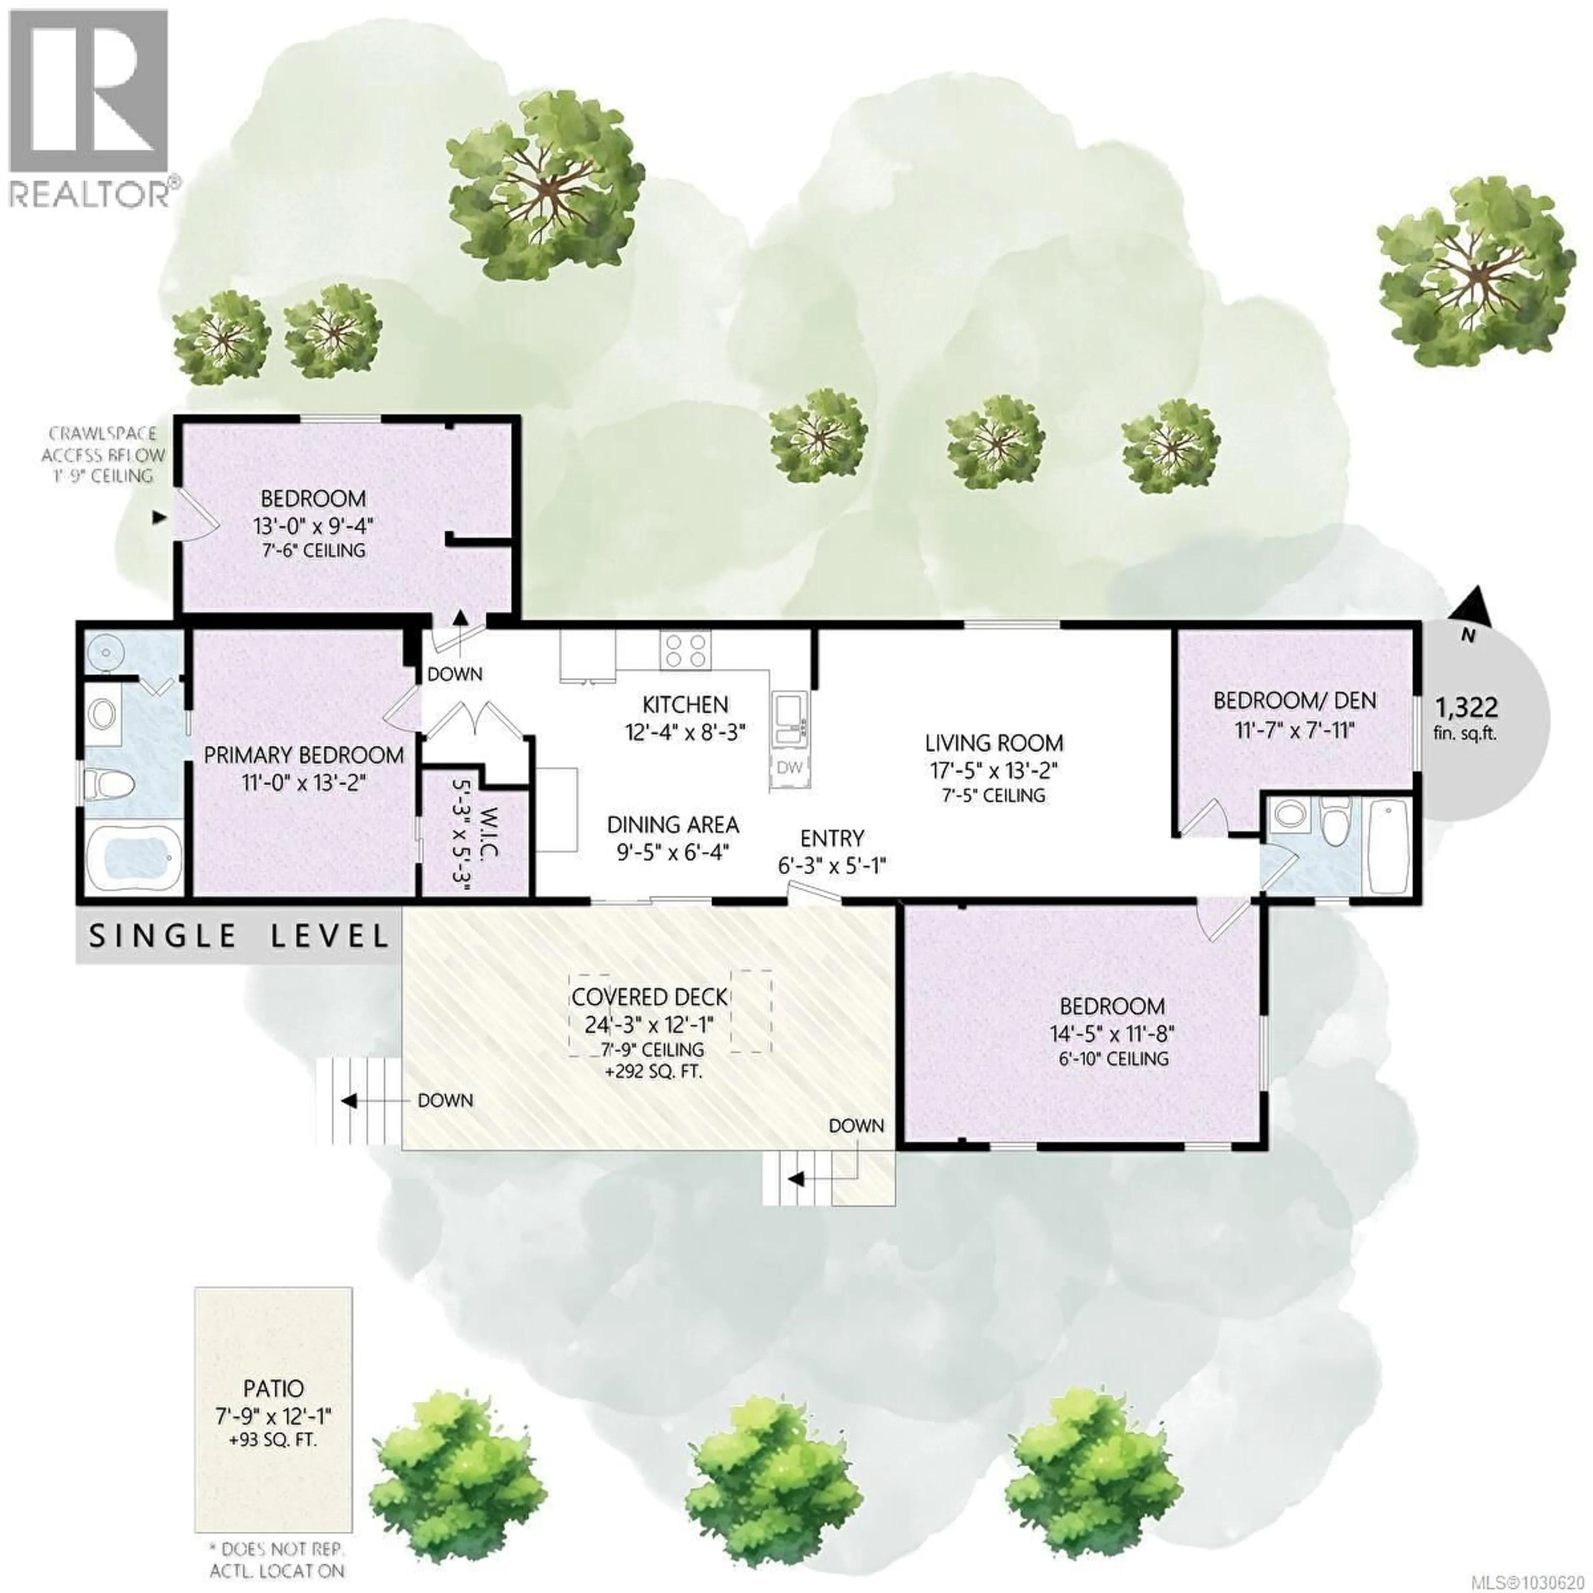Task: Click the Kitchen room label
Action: [x=685, y=705]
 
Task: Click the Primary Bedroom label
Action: [x=303, y=755]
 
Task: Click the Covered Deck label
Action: [x=650, y=997]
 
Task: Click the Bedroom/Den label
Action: [x=1294, y=701]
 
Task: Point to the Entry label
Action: [x=832, y=838]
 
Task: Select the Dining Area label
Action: [x=673, y=825]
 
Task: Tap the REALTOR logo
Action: [x=89, y=107]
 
